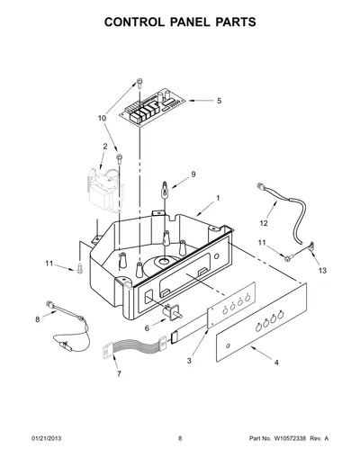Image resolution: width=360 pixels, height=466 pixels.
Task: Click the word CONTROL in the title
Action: click(134, 22)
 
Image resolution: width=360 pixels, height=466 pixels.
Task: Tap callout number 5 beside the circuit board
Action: click(220, 101)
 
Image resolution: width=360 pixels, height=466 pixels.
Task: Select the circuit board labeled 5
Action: click(152, 106)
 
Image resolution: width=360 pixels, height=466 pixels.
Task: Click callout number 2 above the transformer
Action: click(105, 147)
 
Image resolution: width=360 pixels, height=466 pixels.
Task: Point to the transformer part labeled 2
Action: click(105, 190)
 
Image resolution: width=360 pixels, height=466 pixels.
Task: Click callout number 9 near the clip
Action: click(193, 175)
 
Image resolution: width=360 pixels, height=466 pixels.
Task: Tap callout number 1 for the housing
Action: click(218, 198)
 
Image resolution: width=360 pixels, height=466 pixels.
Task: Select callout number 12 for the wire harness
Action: click(264, 223)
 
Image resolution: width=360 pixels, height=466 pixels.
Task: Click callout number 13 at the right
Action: click(322, 271)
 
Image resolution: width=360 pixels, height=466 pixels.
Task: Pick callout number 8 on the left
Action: click(38, 319)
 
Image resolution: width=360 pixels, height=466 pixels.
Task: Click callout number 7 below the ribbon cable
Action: click(119, 373)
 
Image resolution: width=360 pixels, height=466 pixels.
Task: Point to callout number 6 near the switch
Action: click(147, 328)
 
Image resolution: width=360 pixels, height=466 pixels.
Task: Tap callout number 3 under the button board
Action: click(189, 361)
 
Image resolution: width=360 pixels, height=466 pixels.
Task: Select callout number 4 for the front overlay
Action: click(276, 363)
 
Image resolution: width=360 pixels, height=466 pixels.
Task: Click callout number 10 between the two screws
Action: click(102, 118)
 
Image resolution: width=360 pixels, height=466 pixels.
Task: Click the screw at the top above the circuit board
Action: click(139, 83)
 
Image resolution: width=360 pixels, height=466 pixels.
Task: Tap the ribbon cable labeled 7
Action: click(135, 346)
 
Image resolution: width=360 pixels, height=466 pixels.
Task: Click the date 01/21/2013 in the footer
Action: click(47, 438)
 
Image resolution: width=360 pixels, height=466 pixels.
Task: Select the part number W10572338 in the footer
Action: click(290, 438)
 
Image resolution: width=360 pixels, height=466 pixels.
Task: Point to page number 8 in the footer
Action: click(180, 438)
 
